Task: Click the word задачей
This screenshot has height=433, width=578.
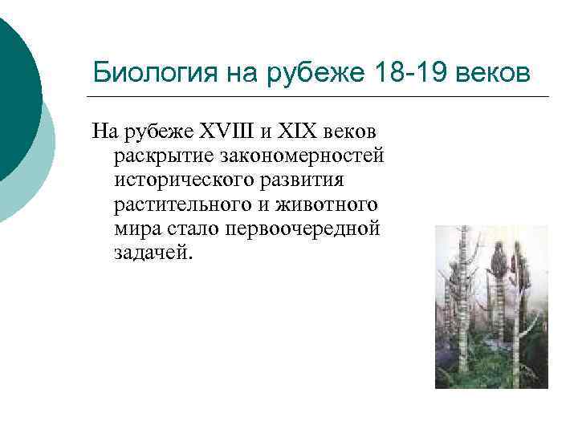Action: point(153,253)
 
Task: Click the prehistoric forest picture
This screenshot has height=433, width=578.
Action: point(491,306)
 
